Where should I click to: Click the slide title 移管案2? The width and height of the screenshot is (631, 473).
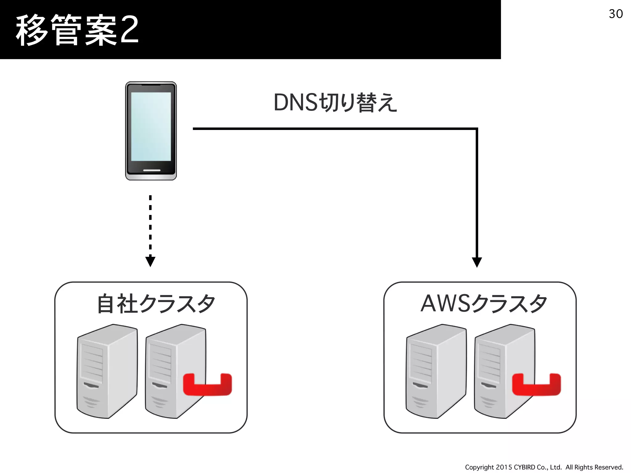coord(77,30)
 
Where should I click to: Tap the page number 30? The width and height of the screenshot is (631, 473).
coord(616,14)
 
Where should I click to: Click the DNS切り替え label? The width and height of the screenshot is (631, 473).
coord(335,103)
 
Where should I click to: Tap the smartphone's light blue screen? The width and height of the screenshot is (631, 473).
coord(151,126)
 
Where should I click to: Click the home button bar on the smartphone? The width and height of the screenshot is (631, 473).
coord(152,170)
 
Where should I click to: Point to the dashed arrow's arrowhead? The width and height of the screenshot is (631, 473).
coord(150,261)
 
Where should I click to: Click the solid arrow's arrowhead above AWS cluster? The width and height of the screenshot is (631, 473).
coord(477,262)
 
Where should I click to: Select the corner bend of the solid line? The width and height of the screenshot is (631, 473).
coord(476,129)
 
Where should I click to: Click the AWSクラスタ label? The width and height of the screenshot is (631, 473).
coord(484,304)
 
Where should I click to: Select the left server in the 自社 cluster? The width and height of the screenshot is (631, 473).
coord(107,371)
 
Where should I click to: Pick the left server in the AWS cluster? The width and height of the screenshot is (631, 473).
coord(436,371)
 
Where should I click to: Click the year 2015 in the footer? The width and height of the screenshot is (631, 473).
coord(504,467)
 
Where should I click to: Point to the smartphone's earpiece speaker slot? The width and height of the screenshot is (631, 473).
coord(151,84)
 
